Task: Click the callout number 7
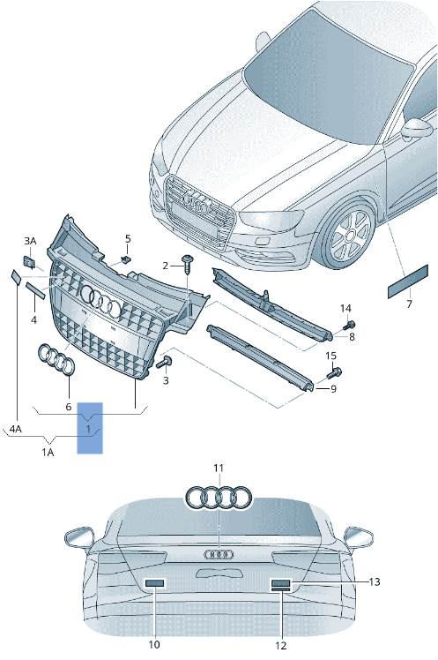point(408,304)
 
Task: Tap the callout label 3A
point(30,241)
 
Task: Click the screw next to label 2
point(188,262)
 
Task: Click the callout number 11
point(219,467)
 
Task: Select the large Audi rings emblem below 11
point(219,498)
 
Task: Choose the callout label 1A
point(48,451)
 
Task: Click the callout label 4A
point(15,430)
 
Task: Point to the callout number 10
point(155,645)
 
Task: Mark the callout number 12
point(281,645)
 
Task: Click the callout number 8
point(351,337)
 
